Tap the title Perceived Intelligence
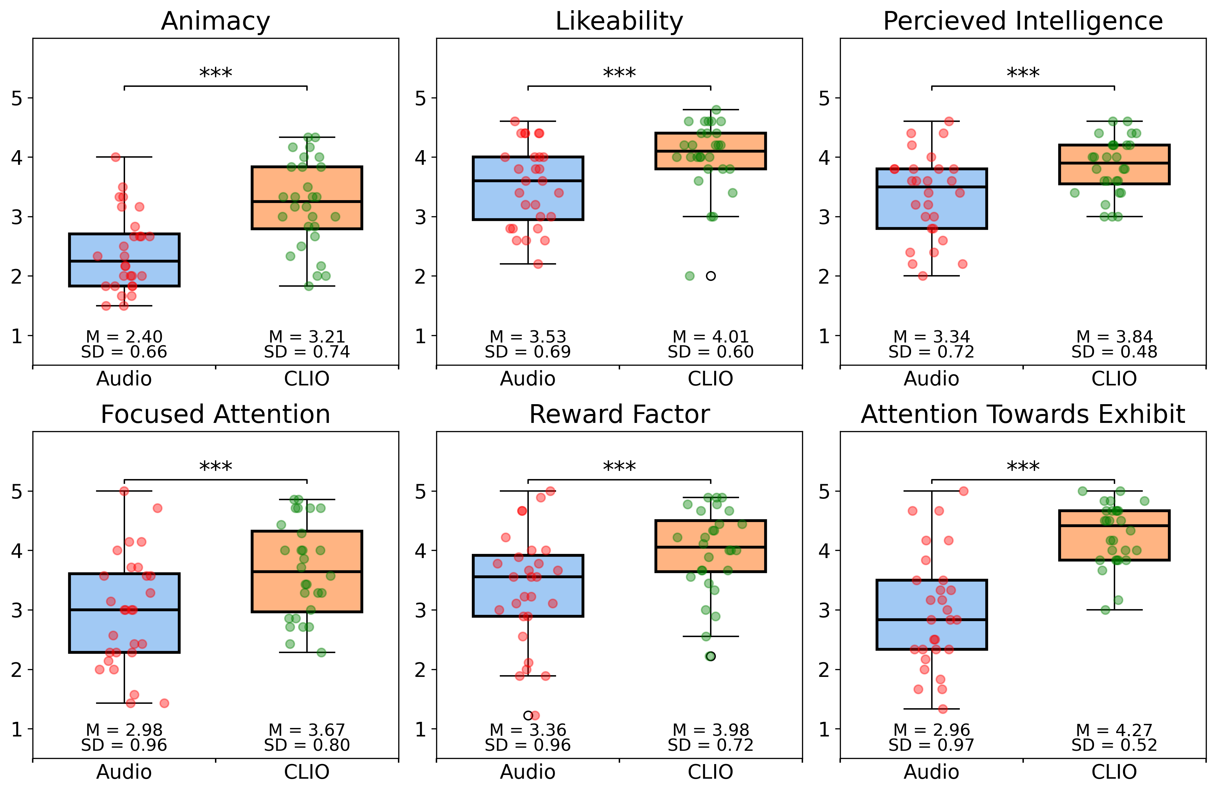1022,21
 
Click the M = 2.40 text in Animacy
124,336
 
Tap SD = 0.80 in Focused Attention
307,745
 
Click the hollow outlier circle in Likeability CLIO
711,276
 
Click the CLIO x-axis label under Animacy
307,379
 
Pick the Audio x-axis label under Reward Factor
527,772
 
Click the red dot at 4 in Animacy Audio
116,157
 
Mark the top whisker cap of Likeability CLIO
711,109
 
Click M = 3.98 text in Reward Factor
711,730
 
